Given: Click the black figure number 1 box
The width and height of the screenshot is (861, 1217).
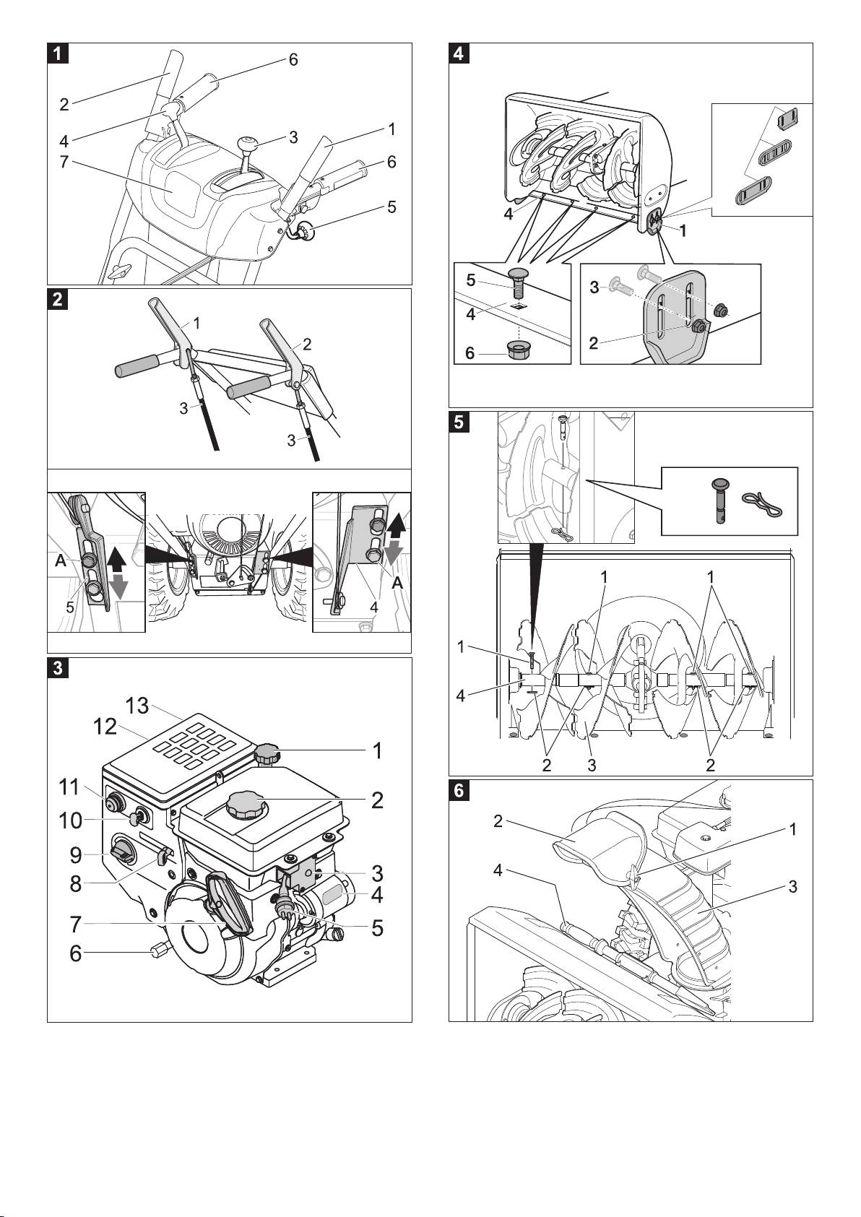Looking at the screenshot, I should (58, 53).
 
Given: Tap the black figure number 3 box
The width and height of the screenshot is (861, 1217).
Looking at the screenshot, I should (58, 667).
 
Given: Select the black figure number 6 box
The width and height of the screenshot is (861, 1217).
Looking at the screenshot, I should (459, 790).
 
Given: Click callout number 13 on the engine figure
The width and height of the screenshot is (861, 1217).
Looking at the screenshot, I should (137, 704).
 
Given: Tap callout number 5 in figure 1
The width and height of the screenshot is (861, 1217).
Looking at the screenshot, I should (391, 207).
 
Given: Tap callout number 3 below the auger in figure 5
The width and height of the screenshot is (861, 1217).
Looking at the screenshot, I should (592, 765).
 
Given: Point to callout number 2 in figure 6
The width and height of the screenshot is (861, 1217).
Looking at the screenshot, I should (498, 821).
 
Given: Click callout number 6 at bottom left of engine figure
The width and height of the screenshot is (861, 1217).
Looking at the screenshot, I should (76, 953).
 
